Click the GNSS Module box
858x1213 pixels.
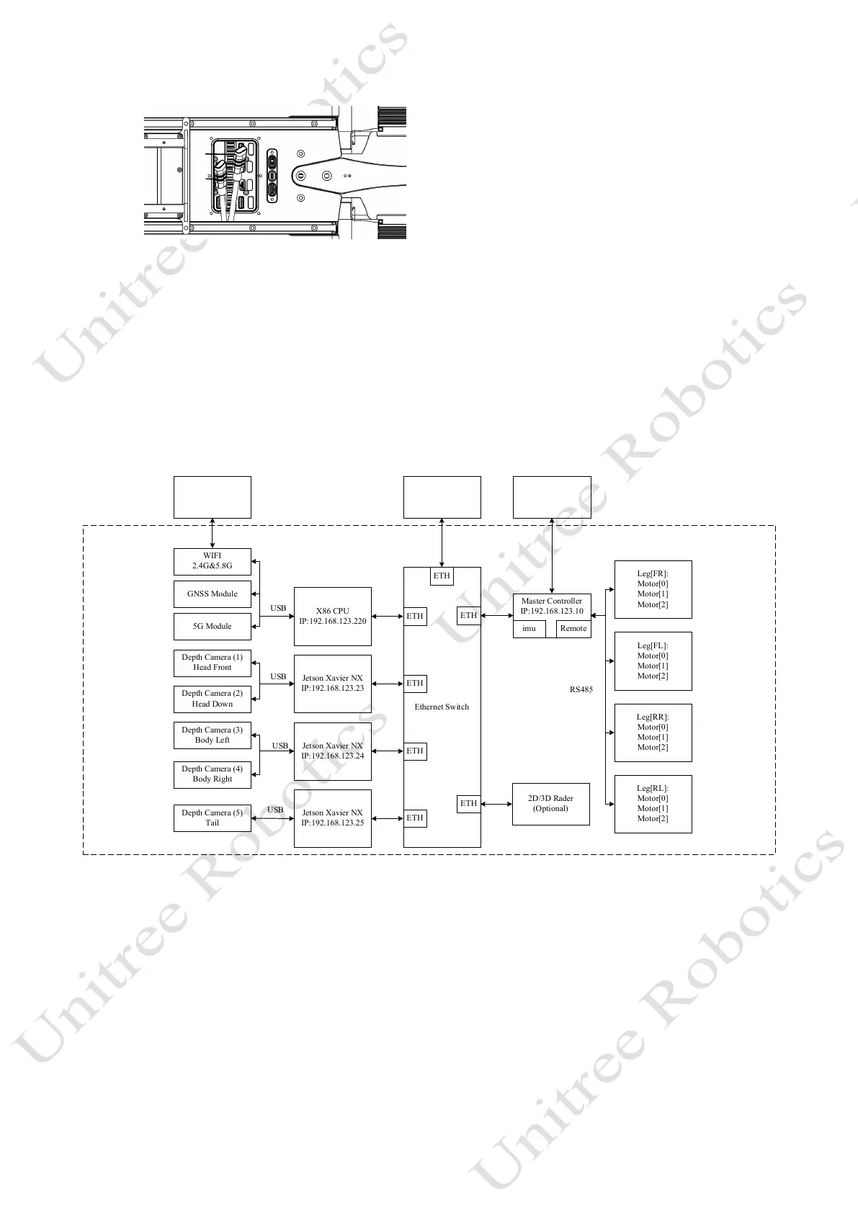click(x=213, y=594)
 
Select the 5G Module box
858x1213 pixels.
click(x=213, y=627)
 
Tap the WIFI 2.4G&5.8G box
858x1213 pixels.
click(x=213, y=561)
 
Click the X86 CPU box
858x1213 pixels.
click(x=333, y=617)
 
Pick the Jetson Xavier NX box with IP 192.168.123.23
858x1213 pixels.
click(x=333, y=684)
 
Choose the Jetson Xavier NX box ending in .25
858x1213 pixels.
click(x=333, y=818)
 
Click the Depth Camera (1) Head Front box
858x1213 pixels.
click(x=213, y=663)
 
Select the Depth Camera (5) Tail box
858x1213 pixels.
click(x=213, y=818)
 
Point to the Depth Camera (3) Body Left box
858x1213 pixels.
click(x=213, y=735)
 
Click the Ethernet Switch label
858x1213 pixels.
click(x=442, y=707)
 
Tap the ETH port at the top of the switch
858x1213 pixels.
click(x=442, y=576)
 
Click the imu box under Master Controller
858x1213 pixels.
click(x=529, y=629)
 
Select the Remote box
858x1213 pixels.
click(x=573, y=629)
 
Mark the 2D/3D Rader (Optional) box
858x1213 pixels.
click(x=551, y=804)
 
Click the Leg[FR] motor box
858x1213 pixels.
click(x=653, y=589)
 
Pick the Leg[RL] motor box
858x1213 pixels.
click(x=653, y=804)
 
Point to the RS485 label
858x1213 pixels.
click(x=581, y=690)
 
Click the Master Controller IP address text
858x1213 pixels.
click(x=552, y=611)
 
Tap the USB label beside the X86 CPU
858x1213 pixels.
click(x=278, y=609)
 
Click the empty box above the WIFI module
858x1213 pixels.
click(x=213, y=497)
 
